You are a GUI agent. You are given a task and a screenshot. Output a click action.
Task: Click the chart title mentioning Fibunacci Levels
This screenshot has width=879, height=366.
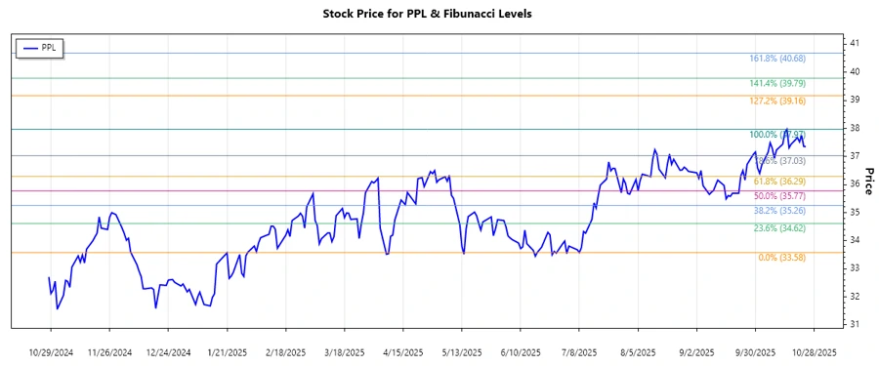pyautogui.click(x=439, y=15)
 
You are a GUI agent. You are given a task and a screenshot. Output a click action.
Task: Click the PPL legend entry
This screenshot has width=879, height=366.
pyautogui.click(x=40, y=48)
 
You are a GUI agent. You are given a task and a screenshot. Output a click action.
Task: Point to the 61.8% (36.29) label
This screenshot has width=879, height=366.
pyautogui.click(x=781, y=183)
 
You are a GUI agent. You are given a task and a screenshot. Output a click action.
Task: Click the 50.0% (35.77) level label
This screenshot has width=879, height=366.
pyautogui.click(x=781, y=197)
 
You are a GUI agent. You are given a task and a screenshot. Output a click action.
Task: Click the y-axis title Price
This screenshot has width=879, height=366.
pyautogui.click(x=868, y=182)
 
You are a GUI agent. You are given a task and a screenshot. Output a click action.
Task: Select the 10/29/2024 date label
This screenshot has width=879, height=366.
pyautogui.click(x=51, y=351)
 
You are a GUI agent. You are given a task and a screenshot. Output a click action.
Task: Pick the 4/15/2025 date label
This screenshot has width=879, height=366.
pyautogui.click(x=402, y=351)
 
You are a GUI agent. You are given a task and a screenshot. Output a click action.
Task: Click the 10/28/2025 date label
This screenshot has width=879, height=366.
pyautogui.click(x=813, y=351)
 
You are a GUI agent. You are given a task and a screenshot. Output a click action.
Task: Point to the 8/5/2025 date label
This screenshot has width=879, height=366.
pyautogui.click(x=636, y=351)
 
